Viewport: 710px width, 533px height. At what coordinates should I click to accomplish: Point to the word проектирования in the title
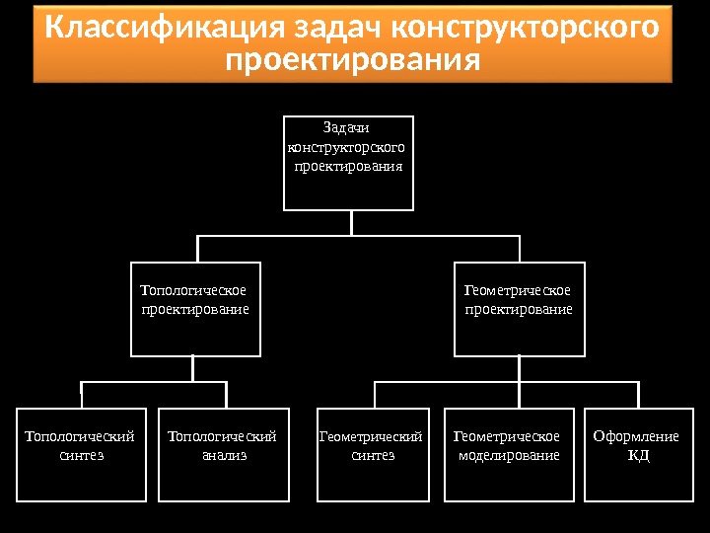(352, 61)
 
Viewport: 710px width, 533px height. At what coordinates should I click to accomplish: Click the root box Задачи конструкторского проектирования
(348, 163)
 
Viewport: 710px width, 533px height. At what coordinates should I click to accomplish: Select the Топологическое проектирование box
(195, 309)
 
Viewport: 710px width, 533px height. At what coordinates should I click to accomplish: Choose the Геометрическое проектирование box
(519, 309)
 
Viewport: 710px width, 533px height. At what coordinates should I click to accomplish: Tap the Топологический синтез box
(81, 455)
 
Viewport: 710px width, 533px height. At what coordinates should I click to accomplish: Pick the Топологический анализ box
(223, 455)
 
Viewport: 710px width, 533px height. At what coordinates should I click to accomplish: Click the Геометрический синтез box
(373, 455)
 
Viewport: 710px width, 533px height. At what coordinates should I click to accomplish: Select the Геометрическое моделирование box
(509, 455)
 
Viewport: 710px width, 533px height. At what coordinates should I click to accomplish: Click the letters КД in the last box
(639, 456)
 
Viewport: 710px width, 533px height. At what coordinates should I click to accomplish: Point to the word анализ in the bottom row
(224, 456)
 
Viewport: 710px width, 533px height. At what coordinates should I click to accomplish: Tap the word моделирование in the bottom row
(509, 456)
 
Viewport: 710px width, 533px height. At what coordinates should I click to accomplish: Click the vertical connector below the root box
(351, 223)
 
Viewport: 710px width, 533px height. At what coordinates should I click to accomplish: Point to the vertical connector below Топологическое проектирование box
(193, 368)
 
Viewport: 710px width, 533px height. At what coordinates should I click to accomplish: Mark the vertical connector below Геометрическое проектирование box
(519, 368)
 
